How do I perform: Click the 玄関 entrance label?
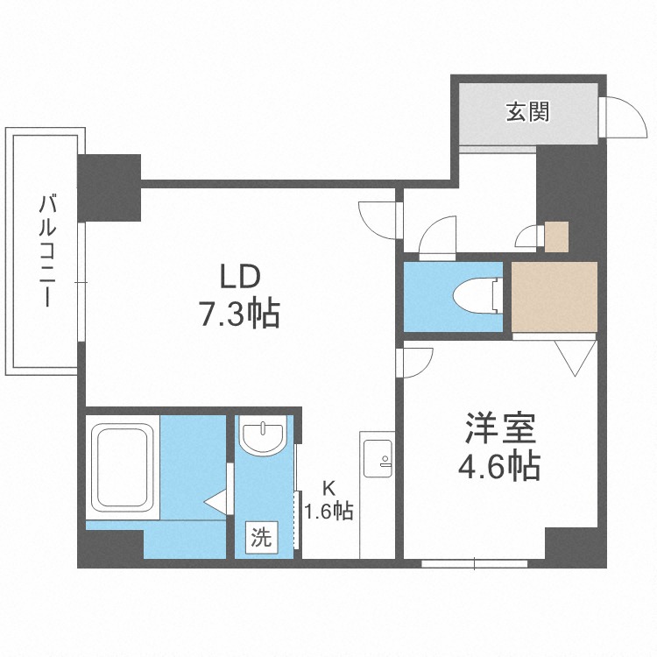[x=526, y=112]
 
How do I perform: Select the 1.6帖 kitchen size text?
[x=328, y=511]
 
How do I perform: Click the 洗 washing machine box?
[x=260, y=535]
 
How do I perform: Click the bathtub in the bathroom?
[x=123, y=468]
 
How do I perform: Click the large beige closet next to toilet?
[x=555, y=296]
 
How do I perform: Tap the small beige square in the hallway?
[x=556, y=237]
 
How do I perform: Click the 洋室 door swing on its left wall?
[x=417, y=360]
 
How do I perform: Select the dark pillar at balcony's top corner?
[x=109, y=187]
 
